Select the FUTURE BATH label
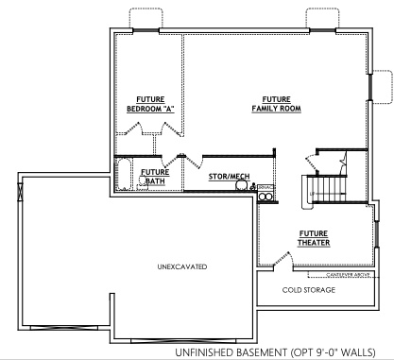154,177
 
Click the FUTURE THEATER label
315,237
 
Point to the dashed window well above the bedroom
142,19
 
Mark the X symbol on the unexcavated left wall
20,187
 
